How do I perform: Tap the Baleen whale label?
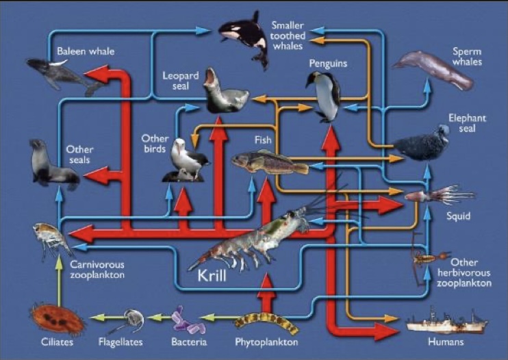coord(86,51)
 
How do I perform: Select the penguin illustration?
coord(324,97)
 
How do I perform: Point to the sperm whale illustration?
coord(433,69)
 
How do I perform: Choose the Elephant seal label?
coord(467,123)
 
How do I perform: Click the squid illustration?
coord(440,195)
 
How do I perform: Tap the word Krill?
coord(212,276)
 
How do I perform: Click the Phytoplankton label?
coord(266,342)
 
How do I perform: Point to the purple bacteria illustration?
coord(188,321)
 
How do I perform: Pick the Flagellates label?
coord(120,342)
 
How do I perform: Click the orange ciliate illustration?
coord(57,319)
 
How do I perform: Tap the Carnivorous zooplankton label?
coord(97,270)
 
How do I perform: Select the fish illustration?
coord(270,162)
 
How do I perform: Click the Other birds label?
coord(155,144)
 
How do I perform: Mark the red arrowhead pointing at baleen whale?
coord(97,74)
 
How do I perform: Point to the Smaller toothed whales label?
coord(288,36)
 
